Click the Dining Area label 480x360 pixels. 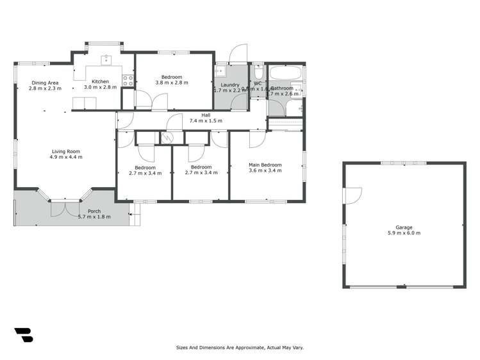45,83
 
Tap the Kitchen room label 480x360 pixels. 100,81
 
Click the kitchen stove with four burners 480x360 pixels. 128,81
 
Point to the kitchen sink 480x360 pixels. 106,61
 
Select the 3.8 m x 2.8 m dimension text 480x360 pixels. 173,83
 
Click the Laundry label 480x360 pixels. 229,85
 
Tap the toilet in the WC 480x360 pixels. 258,72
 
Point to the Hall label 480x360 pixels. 206,115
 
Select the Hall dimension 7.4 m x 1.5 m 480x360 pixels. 206,121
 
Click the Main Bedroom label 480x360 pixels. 265,165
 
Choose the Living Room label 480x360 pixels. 66,151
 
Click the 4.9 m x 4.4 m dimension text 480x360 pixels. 66,157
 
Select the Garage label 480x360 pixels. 404,227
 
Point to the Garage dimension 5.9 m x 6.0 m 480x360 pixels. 404,233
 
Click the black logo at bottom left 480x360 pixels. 23,335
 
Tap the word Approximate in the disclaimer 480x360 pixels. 242,348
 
